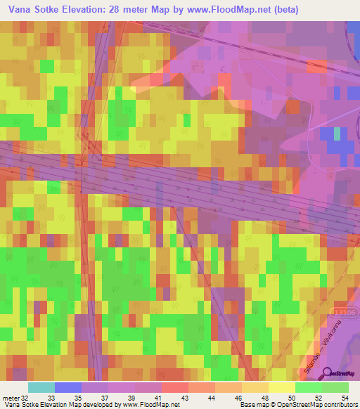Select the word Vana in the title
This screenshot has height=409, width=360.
[x=21, y=10]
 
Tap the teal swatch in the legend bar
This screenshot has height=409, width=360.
[x=41, y=387]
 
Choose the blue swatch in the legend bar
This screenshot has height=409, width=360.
[x=68, y=387]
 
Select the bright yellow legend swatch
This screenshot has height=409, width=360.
[x=281, y=387]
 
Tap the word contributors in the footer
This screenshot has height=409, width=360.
[x=340, y=405]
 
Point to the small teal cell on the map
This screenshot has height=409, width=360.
[x=337, y=133]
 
